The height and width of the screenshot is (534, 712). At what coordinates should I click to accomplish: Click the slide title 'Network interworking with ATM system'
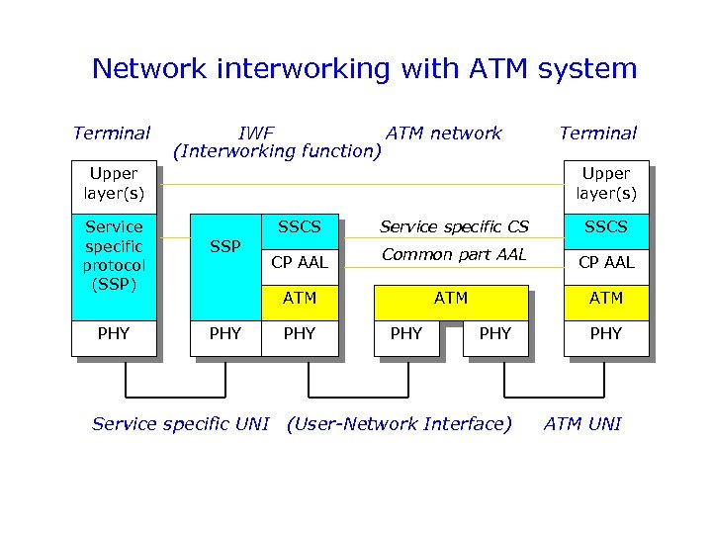(x=364, y=69)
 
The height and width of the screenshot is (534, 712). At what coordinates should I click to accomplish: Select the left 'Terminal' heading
(x=112, y=133)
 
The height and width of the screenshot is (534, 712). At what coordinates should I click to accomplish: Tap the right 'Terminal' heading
(x=597, y=133)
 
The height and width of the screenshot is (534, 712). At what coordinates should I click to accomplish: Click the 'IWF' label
(x=256, y=133)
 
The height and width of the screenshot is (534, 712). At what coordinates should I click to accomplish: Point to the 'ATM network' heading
(x=444, y=133)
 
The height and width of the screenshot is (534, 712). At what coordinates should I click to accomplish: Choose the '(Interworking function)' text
(x=277, y=151)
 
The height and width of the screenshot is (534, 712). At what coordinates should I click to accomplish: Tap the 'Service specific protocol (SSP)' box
(x=114, y=255)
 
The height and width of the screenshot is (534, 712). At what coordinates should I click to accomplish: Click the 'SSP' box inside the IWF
(x=225, y=247)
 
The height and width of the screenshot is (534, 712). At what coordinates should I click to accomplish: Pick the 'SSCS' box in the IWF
(x=299, y=227)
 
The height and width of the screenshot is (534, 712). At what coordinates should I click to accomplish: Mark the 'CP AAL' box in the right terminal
(x=605, y=262)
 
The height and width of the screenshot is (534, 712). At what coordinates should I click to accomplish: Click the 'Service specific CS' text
(x=454, y=227)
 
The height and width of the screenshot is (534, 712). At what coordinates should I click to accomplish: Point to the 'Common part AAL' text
(x=454, y=255)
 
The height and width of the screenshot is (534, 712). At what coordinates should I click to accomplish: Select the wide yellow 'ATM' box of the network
(x=451, y=297)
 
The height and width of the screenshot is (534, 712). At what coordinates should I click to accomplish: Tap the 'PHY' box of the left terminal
(x=114, y=334)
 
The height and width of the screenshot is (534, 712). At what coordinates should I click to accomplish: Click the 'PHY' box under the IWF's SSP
(x=225, y=334)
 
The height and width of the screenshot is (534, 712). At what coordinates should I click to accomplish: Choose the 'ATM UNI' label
(x=582, y=424)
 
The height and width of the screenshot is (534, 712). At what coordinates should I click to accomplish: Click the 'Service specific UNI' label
(x=180, y=424)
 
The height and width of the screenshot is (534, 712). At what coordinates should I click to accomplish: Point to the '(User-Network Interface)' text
(x=399, y=424)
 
